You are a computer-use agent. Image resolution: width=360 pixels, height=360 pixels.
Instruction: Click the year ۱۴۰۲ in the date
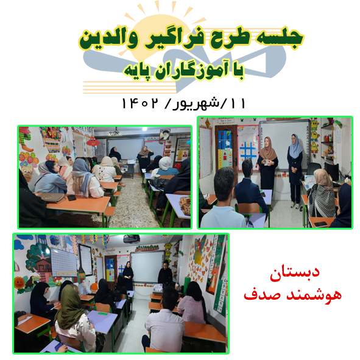[140, 104]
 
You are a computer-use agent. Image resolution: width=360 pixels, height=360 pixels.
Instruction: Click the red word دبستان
[295, 274]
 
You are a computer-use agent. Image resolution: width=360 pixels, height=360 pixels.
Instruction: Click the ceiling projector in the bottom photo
[132, 239]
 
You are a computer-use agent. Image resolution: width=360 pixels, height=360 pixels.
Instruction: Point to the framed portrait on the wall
[165, 134]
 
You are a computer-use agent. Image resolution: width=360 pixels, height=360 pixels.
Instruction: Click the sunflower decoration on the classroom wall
[19, 283]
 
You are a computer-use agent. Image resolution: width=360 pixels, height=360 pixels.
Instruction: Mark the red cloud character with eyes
[93, 143]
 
